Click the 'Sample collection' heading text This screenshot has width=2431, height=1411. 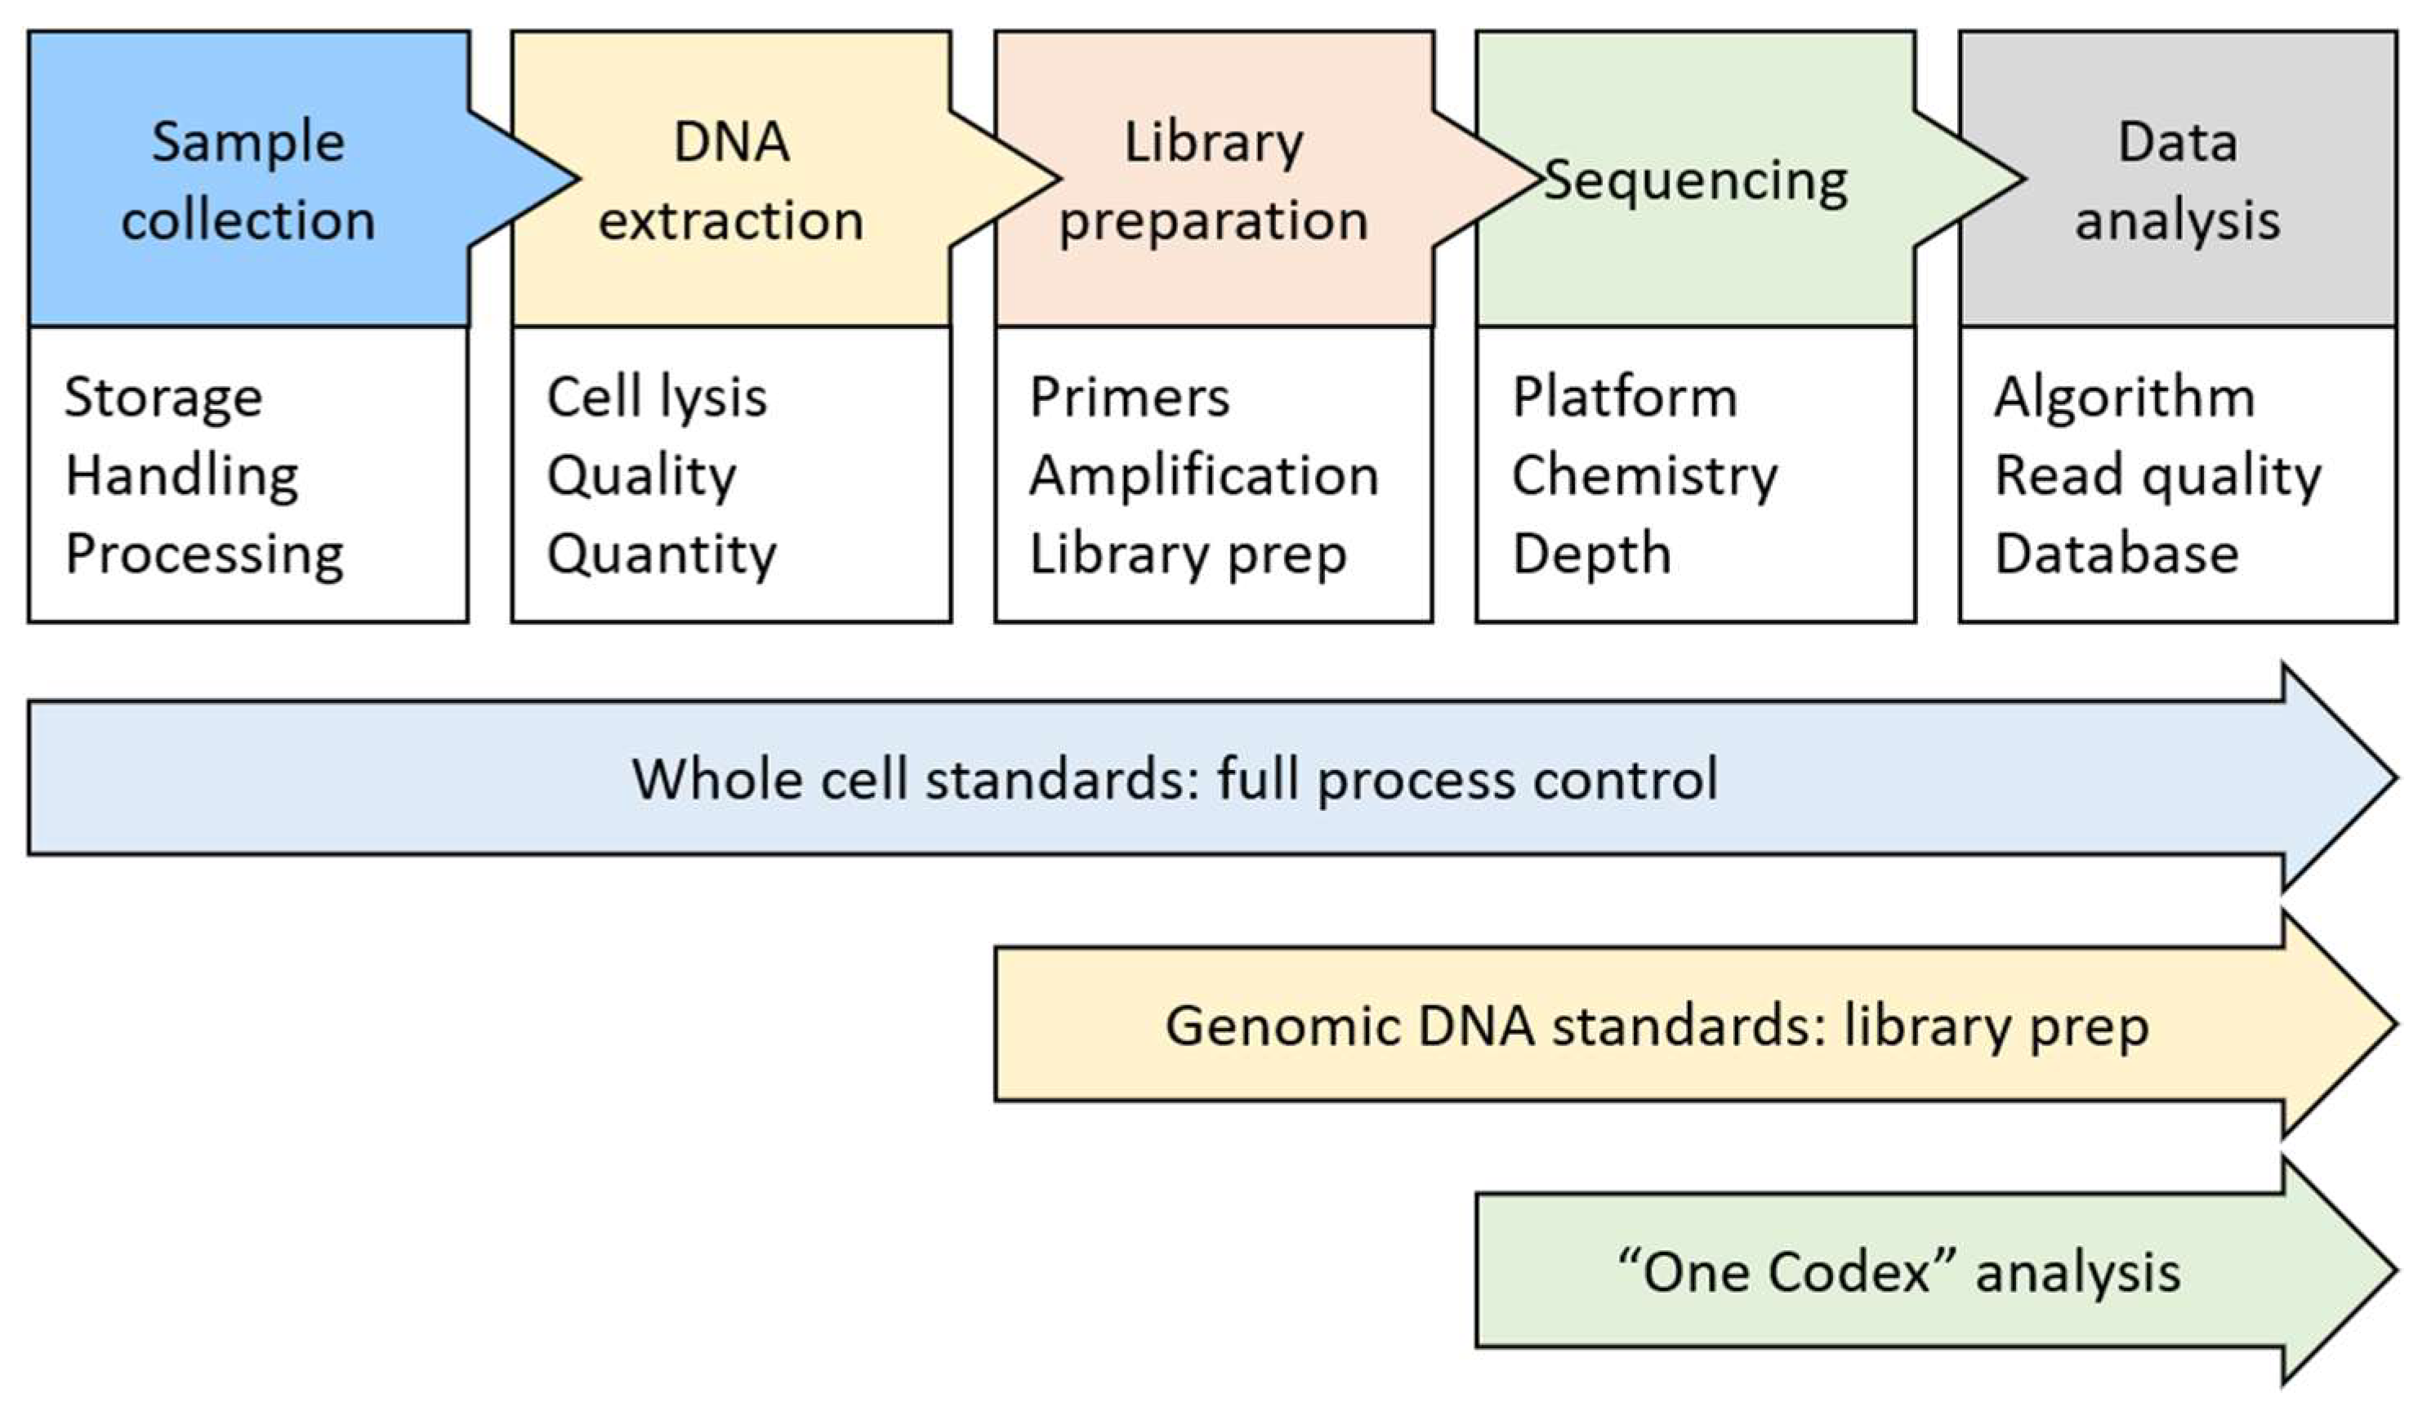(x=248, y=181)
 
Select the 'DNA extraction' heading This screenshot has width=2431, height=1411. (x=730, y=181)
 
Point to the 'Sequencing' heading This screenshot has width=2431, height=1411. (x=1695, y=181)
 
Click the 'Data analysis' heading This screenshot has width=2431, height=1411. (x=2177, y=181)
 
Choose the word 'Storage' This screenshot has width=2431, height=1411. (x=163, y=398)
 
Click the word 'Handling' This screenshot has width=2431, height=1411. (x=181, y=475)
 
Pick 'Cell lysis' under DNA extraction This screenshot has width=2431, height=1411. (x=656, y=398)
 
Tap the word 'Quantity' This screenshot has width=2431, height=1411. (x=661, y=554)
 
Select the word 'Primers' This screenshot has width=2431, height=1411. (x=1129, y=398)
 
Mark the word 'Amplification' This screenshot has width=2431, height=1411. (x=1203, y=475)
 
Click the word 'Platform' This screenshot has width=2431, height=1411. (x=1624, y=398)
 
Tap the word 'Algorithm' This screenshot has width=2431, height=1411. (x=2124, y=398)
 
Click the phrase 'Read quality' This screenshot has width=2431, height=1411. (x=2157, y=475)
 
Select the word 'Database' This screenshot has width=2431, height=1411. (x=2116, y=554)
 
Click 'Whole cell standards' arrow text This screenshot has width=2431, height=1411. (x=1174, y=778)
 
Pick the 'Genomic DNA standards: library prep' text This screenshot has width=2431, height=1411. (x=1657, y=1026)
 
